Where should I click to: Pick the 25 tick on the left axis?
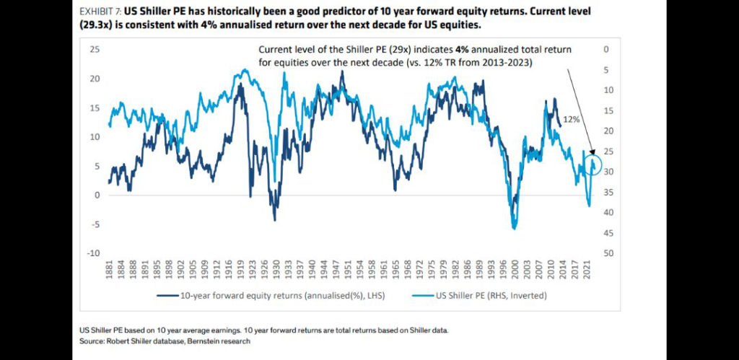point(95,50)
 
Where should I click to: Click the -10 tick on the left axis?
point(92,254)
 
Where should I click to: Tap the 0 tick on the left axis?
point(97,196)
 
